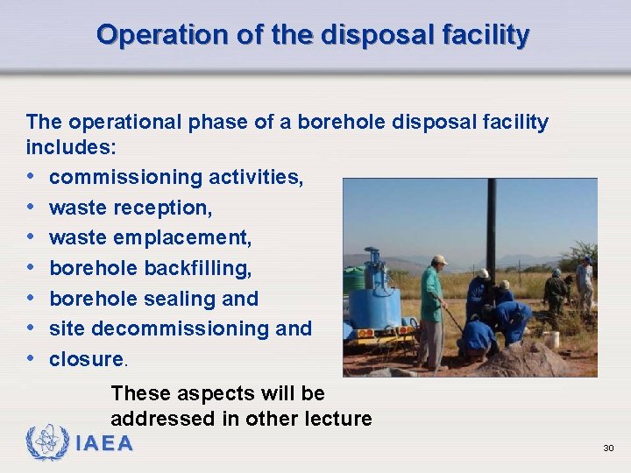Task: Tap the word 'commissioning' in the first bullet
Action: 127,178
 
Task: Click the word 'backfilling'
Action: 196,268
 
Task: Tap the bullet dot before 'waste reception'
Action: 32,208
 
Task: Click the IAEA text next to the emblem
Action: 104,444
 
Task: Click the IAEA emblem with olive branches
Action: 48,442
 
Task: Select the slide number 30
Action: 608,448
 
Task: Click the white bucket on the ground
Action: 551,339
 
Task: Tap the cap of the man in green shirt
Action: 439,260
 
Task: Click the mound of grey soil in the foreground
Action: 526,359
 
